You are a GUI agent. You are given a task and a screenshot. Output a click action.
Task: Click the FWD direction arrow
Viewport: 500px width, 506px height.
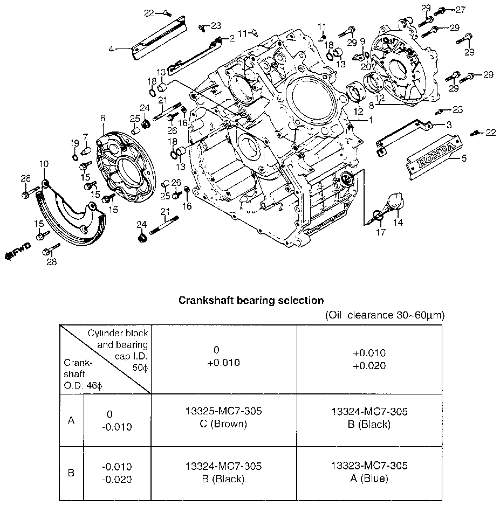click(18, 251)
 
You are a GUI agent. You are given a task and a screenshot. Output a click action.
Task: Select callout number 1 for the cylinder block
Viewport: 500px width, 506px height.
click(371, 120)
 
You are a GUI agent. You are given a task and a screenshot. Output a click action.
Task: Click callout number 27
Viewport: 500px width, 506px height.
click(461, 10)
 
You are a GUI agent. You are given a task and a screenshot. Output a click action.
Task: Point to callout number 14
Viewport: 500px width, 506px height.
click(398, 222)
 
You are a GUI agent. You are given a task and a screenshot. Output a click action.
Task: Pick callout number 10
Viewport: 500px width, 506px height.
click(44, 164)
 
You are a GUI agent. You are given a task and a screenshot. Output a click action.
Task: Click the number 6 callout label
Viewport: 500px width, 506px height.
click(102, 118)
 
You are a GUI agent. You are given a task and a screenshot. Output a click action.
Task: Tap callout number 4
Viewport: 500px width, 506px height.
click(111, 50)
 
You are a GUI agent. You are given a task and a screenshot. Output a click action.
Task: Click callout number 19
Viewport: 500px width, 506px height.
click(74, 143)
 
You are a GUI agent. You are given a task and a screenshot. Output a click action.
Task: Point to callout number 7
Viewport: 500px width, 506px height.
click(85, 137)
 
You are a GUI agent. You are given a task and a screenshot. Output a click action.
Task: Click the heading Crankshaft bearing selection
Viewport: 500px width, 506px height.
click(251, 301)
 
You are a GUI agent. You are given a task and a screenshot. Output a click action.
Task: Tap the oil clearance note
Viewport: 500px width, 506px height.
click(385, 315)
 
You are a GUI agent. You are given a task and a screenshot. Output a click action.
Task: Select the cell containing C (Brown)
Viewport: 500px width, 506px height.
click(223, 420)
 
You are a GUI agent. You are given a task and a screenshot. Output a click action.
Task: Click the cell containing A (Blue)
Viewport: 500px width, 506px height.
click(369, 473)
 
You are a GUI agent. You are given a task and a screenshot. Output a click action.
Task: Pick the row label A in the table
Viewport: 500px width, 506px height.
click(71, 420)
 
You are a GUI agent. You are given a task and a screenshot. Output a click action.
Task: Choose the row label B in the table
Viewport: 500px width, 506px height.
click(71, 473)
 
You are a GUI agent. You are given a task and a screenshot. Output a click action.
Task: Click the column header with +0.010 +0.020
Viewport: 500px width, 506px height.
click(369, 359)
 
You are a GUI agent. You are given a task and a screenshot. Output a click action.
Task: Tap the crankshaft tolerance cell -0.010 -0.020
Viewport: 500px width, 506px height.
click(117, 473)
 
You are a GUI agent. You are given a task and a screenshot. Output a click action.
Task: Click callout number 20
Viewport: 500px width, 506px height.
click(366, 67)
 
